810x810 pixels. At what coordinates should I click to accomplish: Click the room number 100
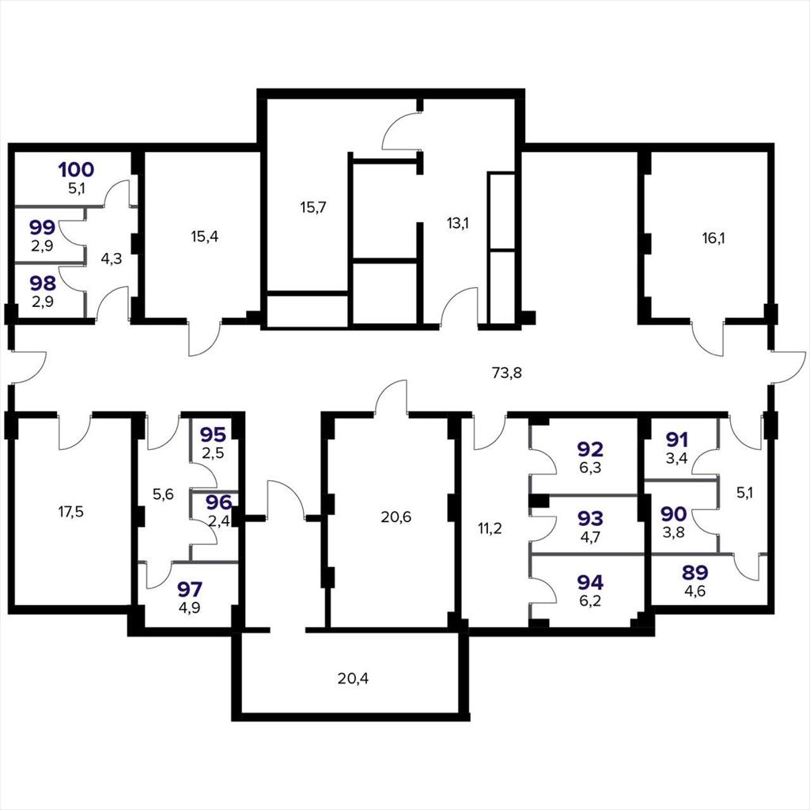click(77, 169)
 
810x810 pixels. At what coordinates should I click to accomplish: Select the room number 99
click(43, 227)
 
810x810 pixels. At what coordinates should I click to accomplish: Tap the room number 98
click(43, 283)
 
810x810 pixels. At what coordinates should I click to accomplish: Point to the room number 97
click(190, 589)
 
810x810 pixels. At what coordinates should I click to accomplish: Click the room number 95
click(213, 435)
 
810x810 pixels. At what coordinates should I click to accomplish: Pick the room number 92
click(590, 449)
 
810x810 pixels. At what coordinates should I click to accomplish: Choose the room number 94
click(590, 582)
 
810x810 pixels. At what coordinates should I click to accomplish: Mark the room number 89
click(695, 573)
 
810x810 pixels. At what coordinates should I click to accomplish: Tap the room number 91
click(677, 440)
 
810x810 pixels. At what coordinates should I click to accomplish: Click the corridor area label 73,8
click(507, 373)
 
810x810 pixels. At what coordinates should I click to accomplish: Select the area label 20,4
click(354, 678)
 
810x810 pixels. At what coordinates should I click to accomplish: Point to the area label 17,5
click(70, 512)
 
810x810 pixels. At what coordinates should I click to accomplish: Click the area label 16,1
click(713, 238)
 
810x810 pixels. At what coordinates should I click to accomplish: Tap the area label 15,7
click(313, 207)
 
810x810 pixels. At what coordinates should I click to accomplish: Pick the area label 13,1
click(458, 223)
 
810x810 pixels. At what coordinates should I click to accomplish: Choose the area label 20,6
click(396, 517)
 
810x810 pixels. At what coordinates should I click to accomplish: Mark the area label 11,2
click(490, 528)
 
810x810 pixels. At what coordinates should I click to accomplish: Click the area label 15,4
click(205, 237)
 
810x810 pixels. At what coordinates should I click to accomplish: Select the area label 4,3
click(111, 259)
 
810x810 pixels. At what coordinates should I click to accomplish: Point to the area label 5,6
click(163, 494)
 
